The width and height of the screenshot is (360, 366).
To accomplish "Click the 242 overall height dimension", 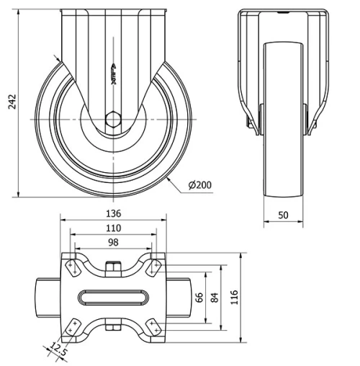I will pos(11,103).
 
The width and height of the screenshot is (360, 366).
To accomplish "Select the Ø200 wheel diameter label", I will pos(199,185).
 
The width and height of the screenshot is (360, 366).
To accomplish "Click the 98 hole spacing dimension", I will pos(112,242).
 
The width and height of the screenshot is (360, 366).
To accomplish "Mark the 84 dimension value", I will pos(214,297).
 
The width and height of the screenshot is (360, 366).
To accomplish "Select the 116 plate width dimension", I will pos(234,297).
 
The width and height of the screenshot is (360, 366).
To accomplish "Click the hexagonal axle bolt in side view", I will pos(112,119).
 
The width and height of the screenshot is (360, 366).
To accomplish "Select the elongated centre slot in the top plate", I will pos(112,297).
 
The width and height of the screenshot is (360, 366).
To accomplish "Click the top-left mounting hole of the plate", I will pos(72,267).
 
